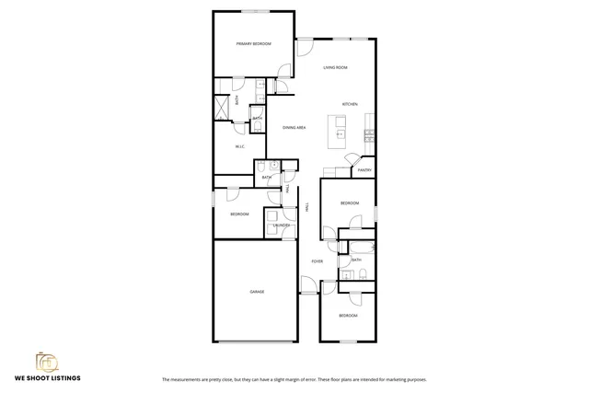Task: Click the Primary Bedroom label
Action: (x=253, y=43)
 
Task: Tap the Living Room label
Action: (x=334, y=68)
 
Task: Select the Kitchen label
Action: (x=350, y=104)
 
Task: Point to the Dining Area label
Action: (x=294, y=127)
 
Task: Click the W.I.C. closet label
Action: (x=239, y=147)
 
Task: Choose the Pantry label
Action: (x=364, y=170)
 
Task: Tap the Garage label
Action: (x=257, y=292)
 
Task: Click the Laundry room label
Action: (x=282, y=225)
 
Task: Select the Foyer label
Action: (x=317, y=261)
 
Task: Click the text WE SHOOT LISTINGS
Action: (x=46, y=378)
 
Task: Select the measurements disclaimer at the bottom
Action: (x=294, y=379)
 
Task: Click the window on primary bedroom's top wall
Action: (x=255, y=11)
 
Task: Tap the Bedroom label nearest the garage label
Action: (x=239, y=214)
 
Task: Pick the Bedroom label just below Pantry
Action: (x=349, y=202)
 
